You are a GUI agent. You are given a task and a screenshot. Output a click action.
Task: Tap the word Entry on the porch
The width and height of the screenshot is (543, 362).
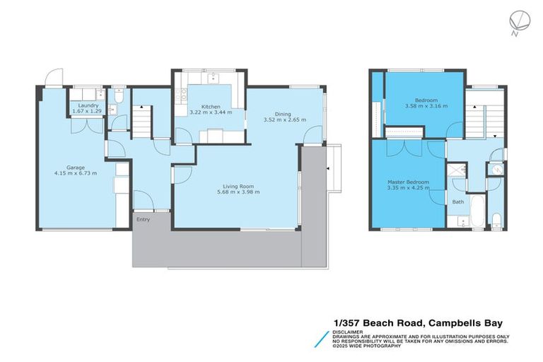[x=144, y=219]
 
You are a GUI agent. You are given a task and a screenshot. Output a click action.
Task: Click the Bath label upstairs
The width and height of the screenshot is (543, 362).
[x=457, y=202]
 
